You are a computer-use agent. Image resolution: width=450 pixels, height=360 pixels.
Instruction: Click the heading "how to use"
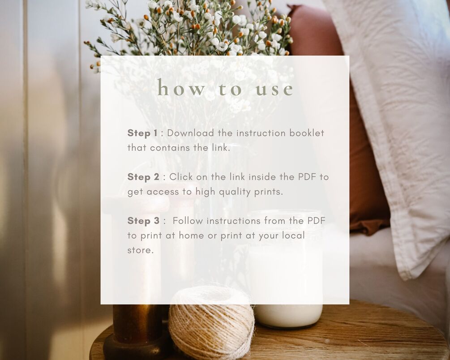click(225, 88)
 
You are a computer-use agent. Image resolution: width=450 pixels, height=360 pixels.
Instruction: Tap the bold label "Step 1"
click(142, 133)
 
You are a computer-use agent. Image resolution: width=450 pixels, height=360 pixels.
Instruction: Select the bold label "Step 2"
click(143, 177)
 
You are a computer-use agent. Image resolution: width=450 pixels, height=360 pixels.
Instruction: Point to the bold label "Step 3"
click(143, 221)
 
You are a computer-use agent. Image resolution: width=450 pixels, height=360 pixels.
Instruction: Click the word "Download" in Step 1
click(191, 133)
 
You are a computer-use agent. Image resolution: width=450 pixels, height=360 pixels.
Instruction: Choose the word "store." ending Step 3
click(140, 250)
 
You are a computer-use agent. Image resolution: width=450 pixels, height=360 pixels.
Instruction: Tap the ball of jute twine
click(211, 323)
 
